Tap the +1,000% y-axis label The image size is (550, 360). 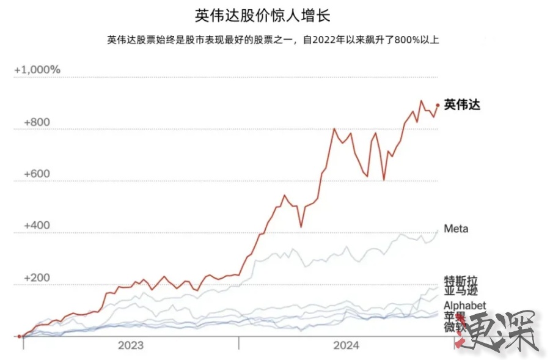(x=37, y=70)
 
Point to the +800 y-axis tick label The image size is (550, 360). (x=37, y=122)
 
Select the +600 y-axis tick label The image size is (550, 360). (x=37, y=174)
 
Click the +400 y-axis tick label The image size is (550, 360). (x=37, y=226)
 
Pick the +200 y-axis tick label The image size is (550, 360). (x=37, y=277)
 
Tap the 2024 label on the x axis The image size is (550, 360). (x=346, y=345)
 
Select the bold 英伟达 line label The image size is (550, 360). (x=463, y=105)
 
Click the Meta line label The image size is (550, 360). (x=456, y=229)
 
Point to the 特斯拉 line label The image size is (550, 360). (x=460, y=281)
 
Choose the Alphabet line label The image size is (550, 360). (x=465, y=305)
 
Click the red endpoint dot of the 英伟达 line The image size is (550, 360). (x=438, y=105)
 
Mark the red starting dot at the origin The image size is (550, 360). (x=20, y=336)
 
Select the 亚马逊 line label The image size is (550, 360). (x=460, y=291)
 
